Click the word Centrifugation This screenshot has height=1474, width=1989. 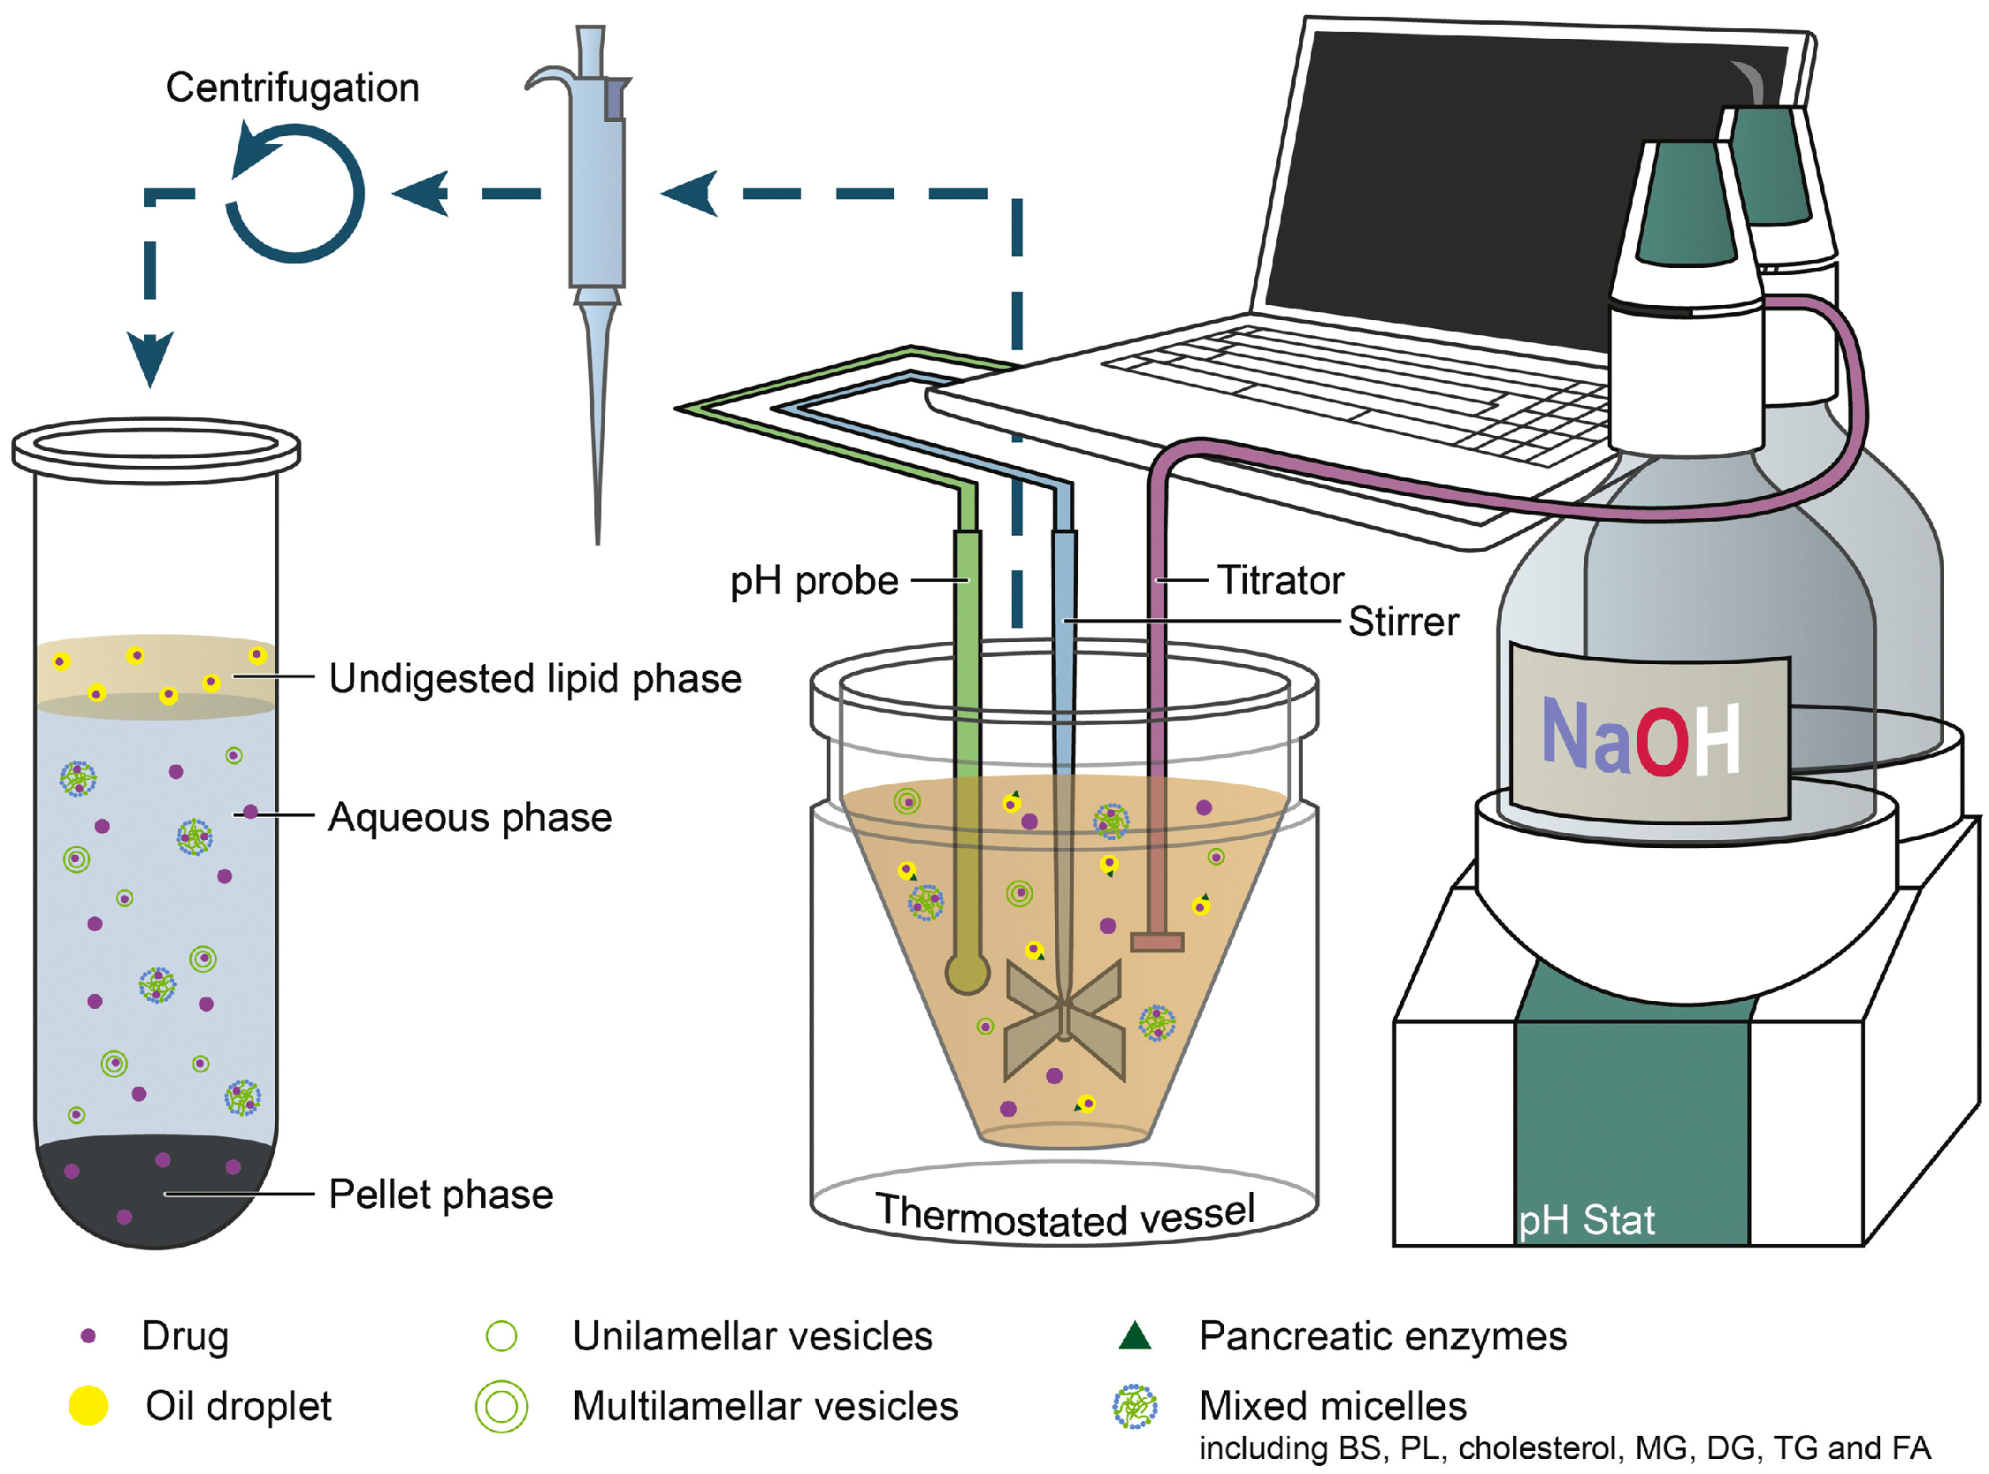293,88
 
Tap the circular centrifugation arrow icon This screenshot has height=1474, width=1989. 295,193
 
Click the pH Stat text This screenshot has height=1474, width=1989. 1587,1219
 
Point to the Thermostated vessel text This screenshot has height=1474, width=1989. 1066,1215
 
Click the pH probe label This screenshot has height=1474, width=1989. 814,582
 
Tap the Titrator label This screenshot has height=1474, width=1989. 1281,581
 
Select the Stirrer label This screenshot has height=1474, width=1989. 1404,622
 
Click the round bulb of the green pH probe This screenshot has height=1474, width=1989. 967,974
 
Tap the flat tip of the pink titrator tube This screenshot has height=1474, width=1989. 1158,943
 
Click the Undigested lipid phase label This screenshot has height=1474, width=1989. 535,679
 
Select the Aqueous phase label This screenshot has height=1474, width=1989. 470,817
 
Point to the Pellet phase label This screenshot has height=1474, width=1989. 440,1195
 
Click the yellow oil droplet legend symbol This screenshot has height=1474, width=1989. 88,1406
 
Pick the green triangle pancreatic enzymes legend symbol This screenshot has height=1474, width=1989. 1135,1336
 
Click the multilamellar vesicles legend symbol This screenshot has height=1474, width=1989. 501,1406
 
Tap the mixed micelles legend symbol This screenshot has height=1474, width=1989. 1135,1406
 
